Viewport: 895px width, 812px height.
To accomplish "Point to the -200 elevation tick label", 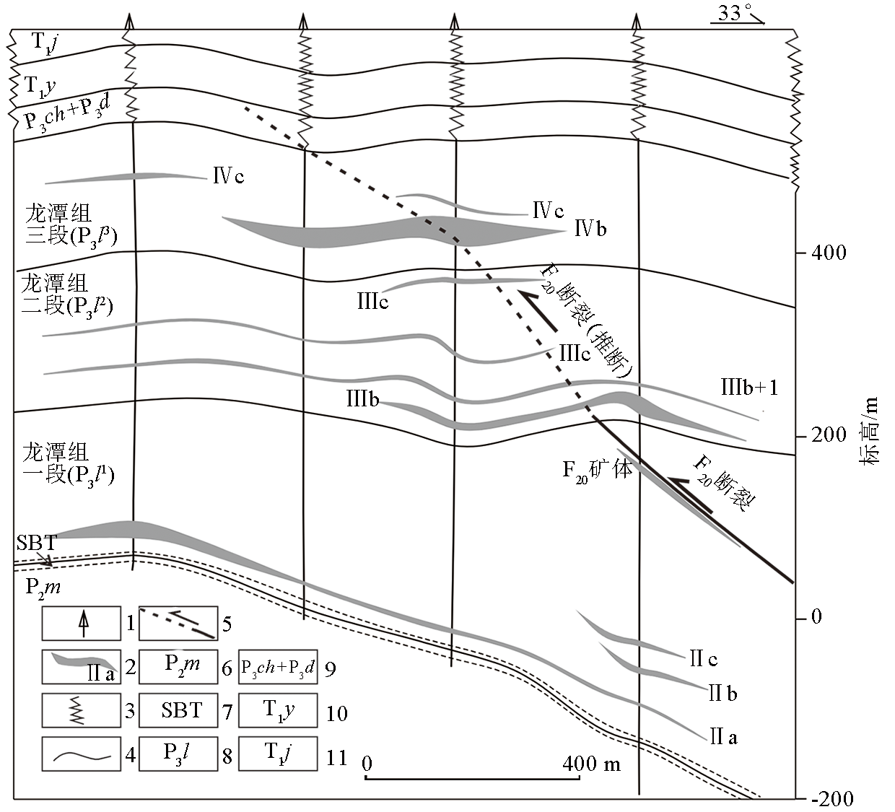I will [x=832, y=798].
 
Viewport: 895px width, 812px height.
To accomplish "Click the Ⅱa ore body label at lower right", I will [x=723, y=737].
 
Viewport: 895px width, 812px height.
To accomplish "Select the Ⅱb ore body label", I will [x=723, y=694].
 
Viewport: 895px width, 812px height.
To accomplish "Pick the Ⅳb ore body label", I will [x=590, y=229].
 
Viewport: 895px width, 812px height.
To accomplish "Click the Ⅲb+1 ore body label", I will [x=749, y=388].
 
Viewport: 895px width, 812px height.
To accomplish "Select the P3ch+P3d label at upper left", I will [x=66, y=110].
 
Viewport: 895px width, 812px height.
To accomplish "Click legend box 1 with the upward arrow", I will [x=81, y=624].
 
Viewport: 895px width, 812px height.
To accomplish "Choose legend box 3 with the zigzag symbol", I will [x=81, y=710].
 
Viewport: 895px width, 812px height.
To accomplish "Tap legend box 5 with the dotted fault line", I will [x=178, y=624].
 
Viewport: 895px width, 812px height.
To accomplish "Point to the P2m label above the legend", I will [x=43, y=586].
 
